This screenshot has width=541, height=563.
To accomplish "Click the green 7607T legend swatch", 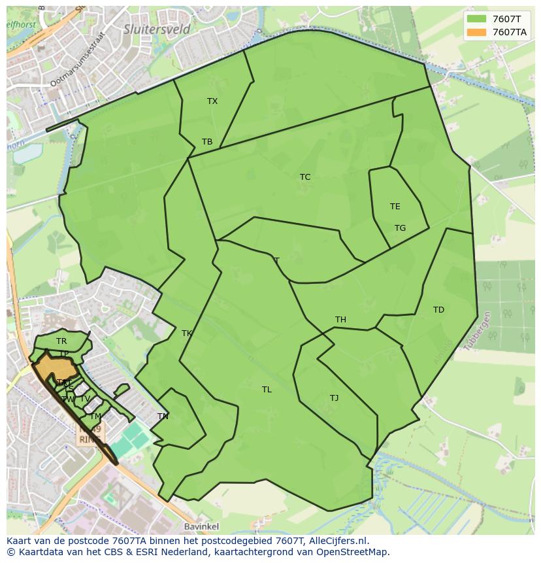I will [476, 18].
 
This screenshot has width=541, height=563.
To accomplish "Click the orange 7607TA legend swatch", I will [476, 32].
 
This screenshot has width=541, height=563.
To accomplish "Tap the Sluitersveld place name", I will [157, 29].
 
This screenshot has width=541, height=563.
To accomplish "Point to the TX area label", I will [212, 101].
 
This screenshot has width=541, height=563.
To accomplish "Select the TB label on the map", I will [207, 142].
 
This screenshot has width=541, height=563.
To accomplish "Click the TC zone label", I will [305, 177].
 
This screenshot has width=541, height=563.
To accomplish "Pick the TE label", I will [395, 207].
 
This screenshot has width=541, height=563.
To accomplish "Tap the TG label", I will [400, 228].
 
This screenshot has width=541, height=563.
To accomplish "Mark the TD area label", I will [438, 310].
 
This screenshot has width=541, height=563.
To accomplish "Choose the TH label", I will [340, 320].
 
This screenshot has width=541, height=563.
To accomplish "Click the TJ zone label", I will [334, 398].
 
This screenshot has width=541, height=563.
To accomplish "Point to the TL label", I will [267, 390].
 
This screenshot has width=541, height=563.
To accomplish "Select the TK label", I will [187, 333].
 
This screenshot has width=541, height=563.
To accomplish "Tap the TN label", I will [163, 417].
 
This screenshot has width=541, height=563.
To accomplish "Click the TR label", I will [61, 341].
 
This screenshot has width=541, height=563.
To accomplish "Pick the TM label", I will [95, 417].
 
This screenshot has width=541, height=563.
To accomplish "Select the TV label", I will [85, 399].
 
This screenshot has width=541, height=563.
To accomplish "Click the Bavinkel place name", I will [202, 526].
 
